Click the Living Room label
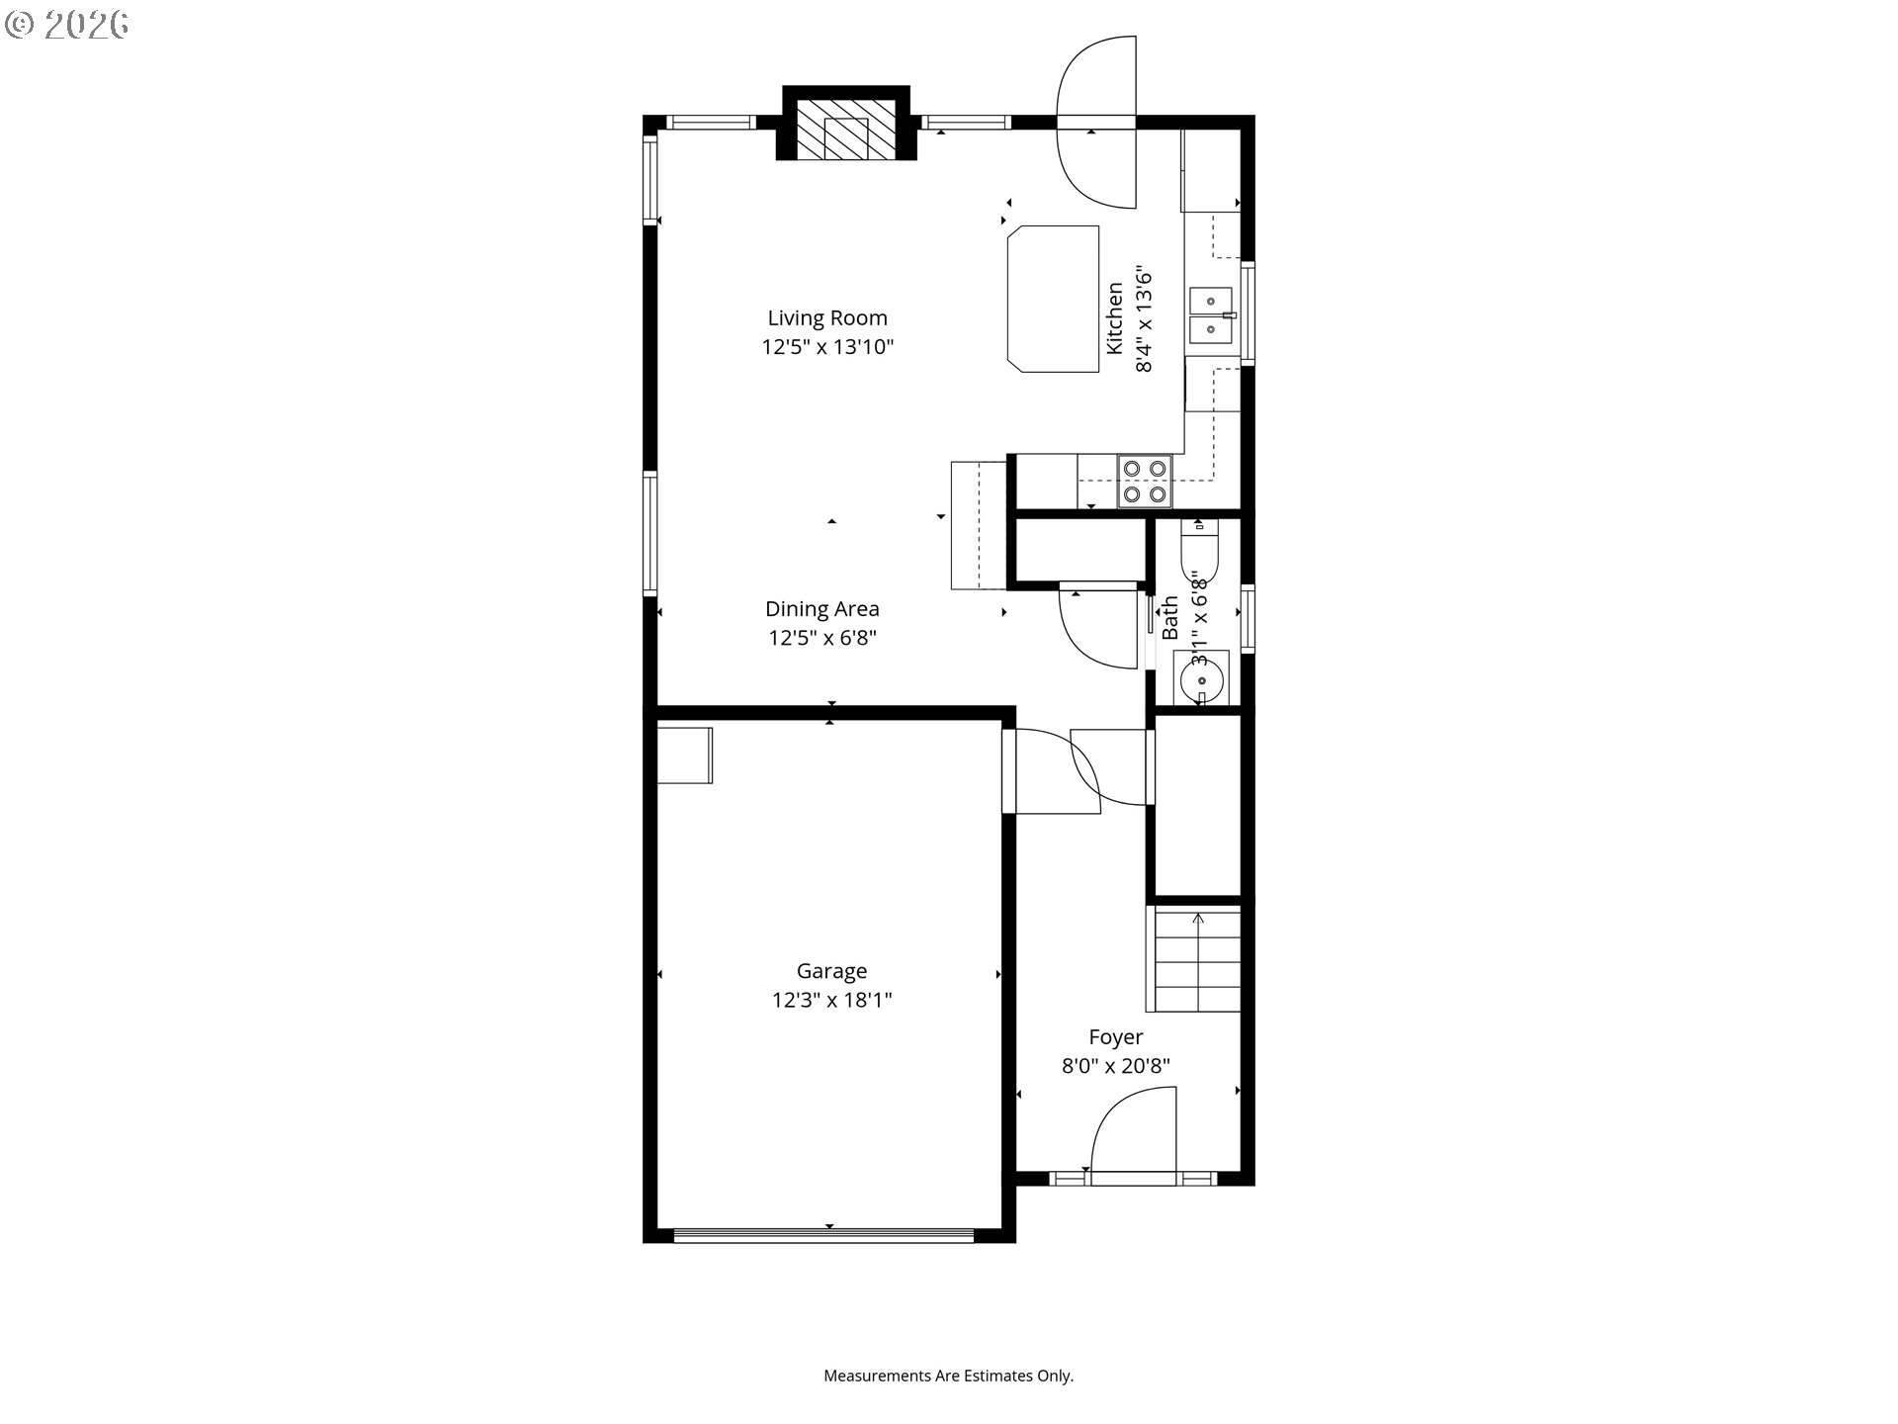[x=827, y=318]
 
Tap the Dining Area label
[x=822, y=609]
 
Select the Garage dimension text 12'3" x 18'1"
[x=832, y=1000]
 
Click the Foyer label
[x=1116, y=1037]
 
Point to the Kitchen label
[x=1115, y=318]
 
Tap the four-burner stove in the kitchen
[x=1145, y=481]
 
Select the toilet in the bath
[x=1200, y=549]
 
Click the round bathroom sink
[x=1200, y=679]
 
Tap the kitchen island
[x=1053, y=299]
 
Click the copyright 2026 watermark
[x=67, y=24]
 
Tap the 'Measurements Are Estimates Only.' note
[x=949, y=1376]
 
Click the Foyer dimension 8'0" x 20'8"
[x=1116, y=1066]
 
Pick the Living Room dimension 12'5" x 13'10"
[x=827, y=347]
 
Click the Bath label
[x=1170, y=617]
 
